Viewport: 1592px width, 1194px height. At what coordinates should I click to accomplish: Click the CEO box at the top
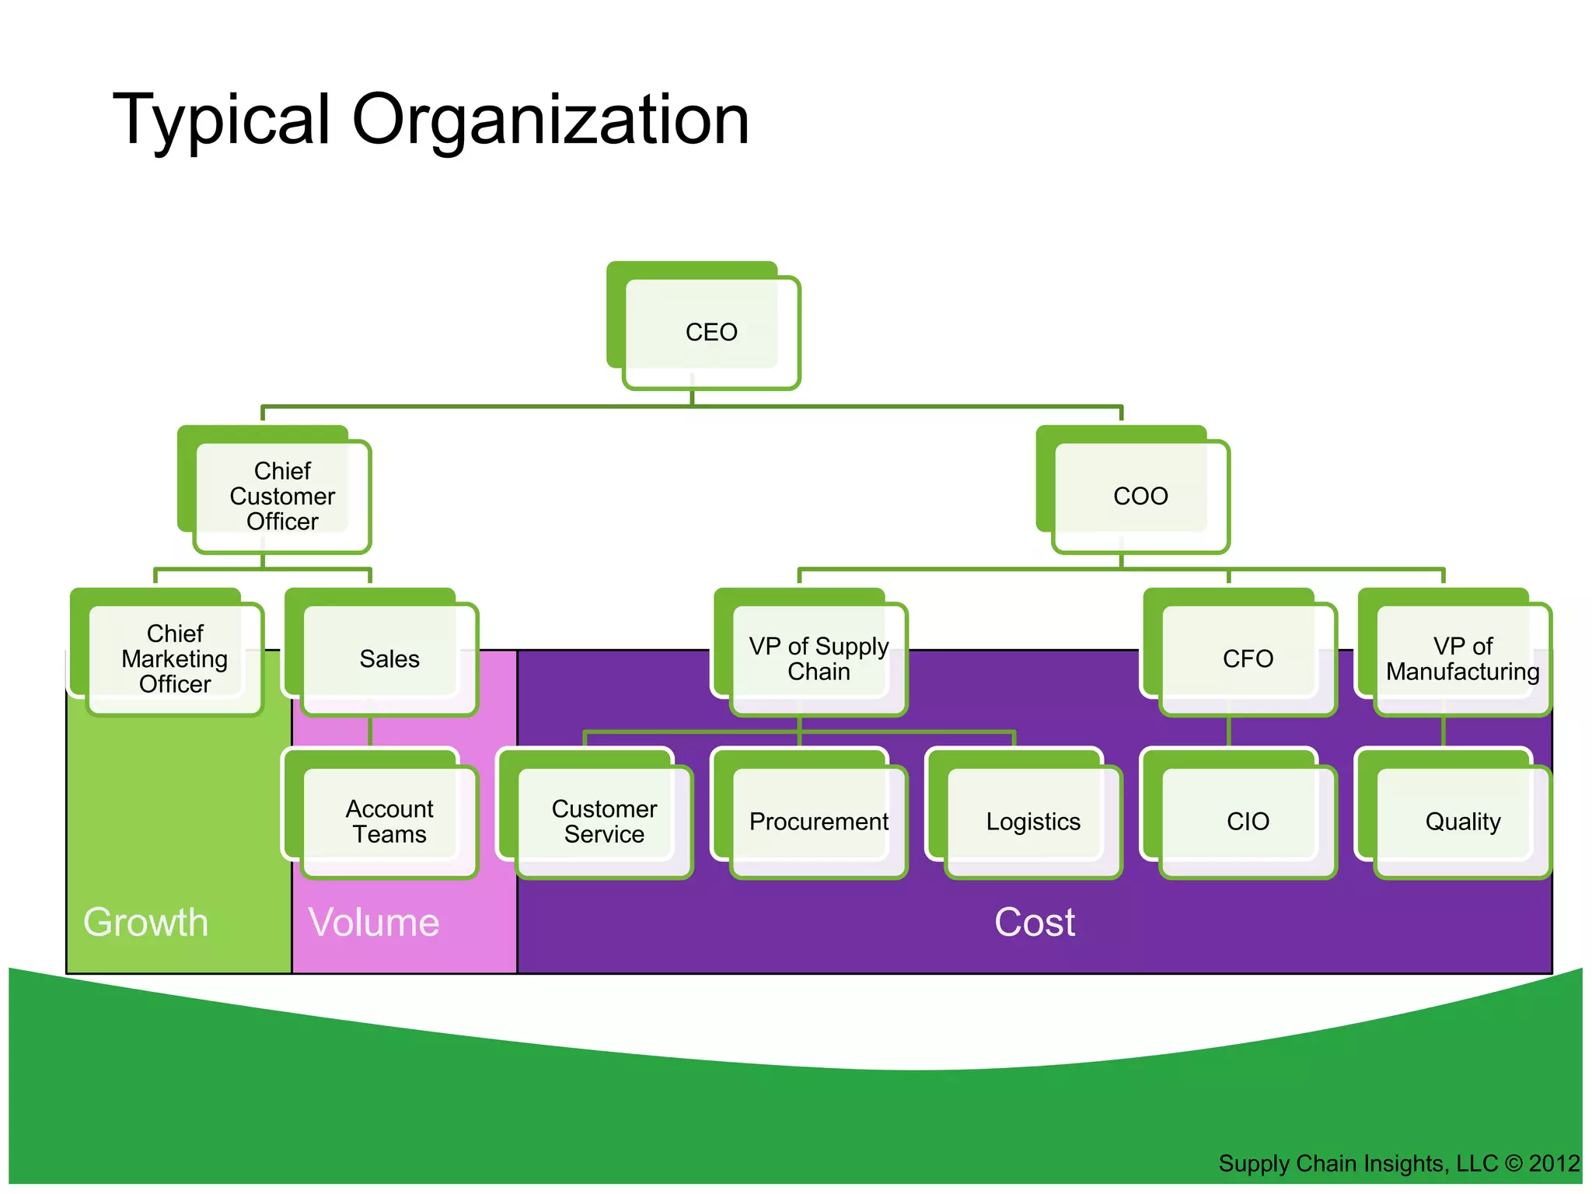[x=710, y=332]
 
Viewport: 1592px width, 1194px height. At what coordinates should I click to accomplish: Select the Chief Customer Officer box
[x=281, y=496]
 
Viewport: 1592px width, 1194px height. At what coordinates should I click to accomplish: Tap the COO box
[x=1140, y=496]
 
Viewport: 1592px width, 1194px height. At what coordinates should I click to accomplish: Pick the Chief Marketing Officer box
[x=174, y=658]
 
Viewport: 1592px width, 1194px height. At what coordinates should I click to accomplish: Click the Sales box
[x=389, y=658]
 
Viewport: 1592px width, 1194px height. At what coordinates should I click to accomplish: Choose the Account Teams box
[x=389, y=821]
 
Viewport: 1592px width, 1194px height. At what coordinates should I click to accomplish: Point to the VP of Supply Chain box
[x=818, y=658]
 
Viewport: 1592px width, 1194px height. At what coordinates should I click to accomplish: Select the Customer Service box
[x=603, y=821]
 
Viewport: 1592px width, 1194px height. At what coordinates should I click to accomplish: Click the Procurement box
[x=818, y=821]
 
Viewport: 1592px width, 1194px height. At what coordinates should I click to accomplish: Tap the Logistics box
[x=1032, y=821]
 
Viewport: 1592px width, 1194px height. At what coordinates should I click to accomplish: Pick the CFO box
[x=1247, y=658]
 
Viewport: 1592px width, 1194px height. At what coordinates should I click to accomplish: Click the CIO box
[x=1247, y=821]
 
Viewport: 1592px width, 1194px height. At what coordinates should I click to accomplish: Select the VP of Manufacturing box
[x=1461, y=658]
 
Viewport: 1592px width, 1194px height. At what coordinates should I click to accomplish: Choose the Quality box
[x=1461, y=821]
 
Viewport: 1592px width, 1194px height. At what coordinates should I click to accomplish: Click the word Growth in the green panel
[x=146, y=923]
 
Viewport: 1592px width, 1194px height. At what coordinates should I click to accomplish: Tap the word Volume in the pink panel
[x=374, y=923]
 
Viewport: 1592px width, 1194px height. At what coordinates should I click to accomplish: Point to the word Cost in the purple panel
[x=1034, y=923]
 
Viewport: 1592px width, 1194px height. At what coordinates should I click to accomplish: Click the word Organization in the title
[x=550, y=120]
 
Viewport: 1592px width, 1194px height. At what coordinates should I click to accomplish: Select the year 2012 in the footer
[x=1554, y=1164]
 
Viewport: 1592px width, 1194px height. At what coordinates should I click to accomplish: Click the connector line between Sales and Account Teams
[x=370, y=731]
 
